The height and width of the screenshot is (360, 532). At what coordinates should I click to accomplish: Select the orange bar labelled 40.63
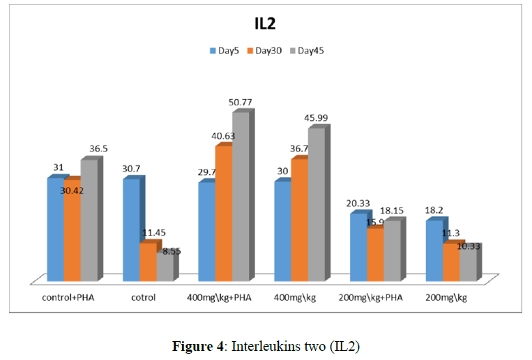coord(223,213)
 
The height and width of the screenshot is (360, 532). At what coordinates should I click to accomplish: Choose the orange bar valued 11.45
coord(148,261)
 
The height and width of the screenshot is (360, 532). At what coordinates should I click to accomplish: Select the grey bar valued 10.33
coord(468,263)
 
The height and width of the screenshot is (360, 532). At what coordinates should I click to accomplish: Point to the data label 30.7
coord(133,168)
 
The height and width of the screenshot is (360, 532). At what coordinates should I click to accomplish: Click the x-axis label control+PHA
coord(66,298)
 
